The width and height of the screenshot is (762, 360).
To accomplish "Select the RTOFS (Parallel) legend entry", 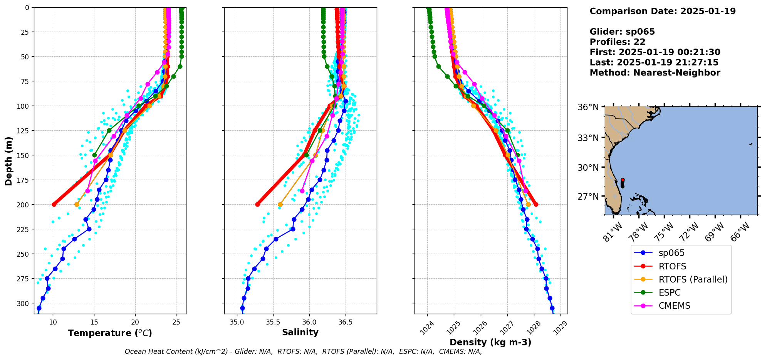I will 693,279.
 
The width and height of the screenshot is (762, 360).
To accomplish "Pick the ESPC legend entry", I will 670,293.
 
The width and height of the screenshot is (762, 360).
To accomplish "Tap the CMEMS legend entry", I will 674,306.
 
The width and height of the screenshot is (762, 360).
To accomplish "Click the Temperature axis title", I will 110,333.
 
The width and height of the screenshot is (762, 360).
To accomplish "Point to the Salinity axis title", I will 300,332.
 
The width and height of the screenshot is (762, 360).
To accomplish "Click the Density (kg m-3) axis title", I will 490,342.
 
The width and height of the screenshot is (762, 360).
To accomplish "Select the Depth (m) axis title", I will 8,161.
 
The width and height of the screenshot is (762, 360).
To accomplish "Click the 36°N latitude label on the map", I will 588,107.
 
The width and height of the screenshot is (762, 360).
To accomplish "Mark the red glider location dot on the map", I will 623,180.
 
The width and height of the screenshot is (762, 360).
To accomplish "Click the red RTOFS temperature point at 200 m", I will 54,204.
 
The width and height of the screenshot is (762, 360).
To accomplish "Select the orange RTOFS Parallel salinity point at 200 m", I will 280,204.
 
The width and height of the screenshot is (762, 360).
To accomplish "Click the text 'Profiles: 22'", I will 617,42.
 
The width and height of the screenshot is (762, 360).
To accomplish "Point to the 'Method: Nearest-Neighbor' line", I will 655,73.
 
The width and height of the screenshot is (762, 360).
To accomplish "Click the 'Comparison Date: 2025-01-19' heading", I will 662,11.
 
